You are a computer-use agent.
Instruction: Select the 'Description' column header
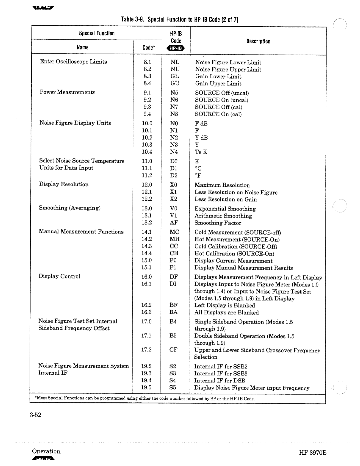point(258,41)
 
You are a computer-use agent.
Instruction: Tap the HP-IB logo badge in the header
point(173,49)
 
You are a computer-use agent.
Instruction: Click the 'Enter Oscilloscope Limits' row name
point(73,62)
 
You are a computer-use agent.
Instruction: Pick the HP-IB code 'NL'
point(175,62)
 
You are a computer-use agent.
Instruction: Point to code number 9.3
point(147,107)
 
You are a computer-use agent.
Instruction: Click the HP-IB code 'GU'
point(175,83)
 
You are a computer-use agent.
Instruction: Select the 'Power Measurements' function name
point(67,92)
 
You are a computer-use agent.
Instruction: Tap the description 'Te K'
point(201,152)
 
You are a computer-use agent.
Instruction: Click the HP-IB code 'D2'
point(174,175)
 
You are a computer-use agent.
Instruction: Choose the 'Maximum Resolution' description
point(222,185)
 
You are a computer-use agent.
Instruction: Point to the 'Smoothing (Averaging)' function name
point(70,208)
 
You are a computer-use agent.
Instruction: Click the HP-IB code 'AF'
point(174,223)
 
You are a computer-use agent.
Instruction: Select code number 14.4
point(146,253)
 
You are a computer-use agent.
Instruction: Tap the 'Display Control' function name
point(59,276)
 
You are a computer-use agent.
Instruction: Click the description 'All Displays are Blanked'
point(226,312)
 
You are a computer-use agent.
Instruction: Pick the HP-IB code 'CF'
point(173,349)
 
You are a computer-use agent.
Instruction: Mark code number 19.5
point(146,387)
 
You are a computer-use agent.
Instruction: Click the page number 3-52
point(35,415)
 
